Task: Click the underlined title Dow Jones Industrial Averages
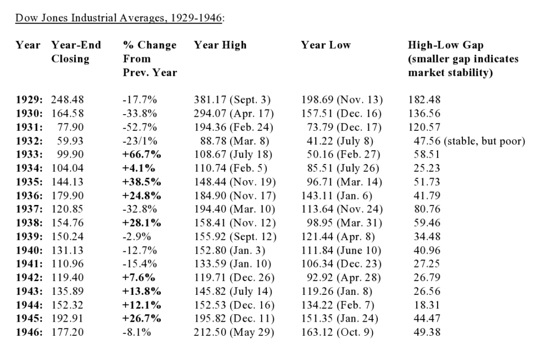[x=119, y=18]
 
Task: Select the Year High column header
[x=220, y=45]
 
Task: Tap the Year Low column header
[x=326, y=45]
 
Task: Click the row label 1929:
[x=29, y=99]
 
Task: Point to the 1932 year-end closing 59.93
[x=70, y=141]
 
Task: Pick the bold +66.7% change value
[x=142, y=154]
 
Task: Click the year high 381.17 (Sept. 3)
[x=232, y=99]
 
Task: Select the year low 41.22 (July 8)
[x=340, y=141]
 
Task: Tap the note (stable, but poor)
[x=484, y=141]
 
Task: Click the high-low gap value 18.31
[x=427, y=305]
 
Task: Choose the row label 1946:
[x=29, y=332]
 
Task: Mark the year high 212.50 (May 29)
[x=234, y=332]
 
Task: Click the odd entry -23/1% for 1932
[x=140, y=141]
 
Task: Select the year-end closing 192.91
[x=68, y=318]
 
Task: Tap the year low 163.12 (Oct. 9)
[x=337, y=332]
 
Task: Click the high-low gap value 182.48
[x=424, y=99]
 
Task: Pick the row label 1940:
[x=29, y=250]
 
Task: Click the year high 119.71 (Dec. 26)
[x=234, y=277]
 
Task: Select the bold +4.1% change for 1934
[x=139, y=168]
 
